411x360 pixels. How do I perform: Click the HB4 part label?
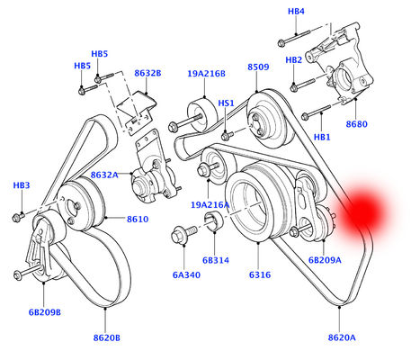pyautogui.click(x=296, y=12)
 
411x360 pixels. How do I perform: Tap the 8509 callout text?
pyautogui.click(x=258, y=67)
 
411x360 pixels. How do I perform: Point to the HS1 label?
pyautogui.click(x=227, y=103)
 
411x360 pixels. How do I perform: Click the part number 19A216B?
pyautogui.click(x=206, y=74)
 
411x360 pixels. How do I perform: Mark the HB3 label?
pyautogui.click(x=21, y=185)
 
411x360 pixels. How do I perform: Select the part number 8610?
pyautogui.click(x=137, y=219)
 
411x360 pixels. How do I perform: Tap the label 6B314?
pyautogui.click(x=217, y=260)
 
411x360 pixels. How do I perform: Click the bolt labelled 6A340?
pyautogui.click(x=181, y=238)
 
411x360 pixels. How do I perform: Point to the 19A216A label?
pyautogui.click(x=210, y=205)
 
